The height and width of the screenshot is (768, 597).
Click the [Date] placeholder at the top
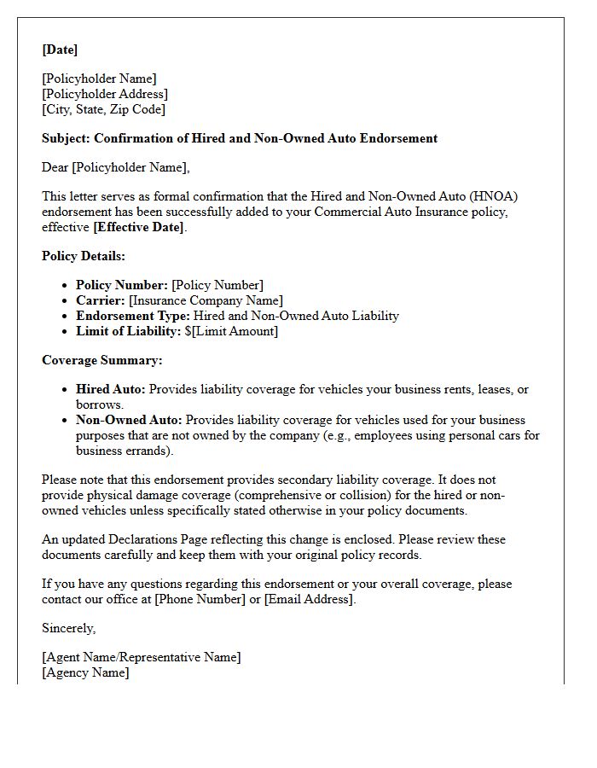point(60,49)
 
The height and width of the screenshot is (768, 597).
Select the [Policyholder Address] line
point(105,94)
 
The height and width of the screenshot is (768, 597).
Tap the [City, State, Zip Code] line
point(104,109)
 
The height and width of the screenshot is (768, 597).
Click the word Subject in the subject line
point(66,138)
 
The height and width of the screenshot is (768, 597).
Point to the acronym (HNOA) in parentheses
point(497,196)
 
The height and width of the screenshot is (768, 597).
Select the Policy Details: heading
point(84,256)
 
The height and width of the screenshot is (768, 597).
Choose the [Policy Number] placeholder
point(217,285)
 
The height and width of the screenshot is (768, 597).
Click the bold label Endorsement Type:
point(133,316)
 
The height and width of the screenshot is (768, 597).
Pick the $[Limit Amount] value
point(231,331)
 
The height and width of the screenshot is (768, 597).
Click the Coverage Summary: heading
point(101,360)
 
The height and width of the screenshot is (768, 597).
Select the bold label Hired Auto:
point(111,389)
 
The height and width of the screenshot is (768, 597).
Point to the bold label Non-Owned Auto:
point(129,420)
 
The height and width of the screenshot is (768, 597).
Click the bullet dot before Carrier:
point(66,301)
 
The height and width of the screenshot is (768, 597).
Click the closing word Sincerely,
point(69,628)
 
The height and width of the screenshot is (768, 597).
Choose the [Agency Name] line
point(85,672)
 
